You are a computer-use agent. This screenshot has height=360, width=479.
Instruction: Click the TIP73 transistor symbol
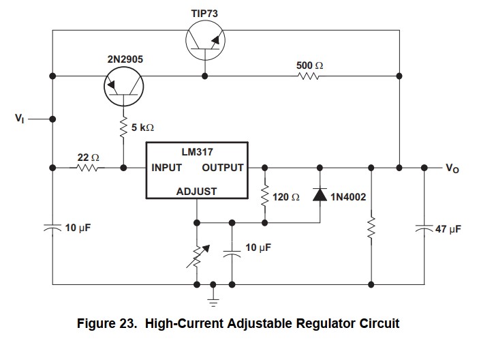(206, 40)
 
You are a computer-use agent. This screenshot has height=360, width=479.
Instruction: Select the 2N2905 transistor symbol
(124, 86)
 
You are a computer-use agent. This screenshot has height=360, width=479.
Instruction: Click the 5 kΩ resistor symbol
(124, 127)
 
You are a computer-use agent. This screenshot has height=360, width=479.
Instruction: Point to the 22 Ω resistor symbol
(89, 167)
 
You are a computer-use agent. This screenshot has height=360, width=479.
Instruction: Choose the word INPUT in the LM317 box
(167, 168)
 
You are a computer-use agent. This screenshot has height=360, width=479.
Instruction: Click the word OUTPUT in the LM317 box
(223, 168)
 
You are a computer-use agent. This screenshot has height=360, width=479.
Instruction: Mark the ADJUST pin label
(196, 192)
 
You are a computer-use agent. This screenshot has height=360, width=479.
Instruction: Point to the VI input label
(19, 118)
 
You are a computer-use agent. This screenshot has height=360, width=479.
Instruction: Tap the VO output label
(452, 168)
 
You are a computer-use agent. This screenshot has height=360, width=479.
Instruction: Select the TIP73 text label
(205, 13)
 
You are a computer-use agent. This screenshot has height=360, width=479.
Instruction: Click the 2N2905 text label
(125, 59)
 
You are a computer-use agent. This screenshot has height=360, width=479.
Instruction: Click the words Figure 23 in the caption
(108, 323)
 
